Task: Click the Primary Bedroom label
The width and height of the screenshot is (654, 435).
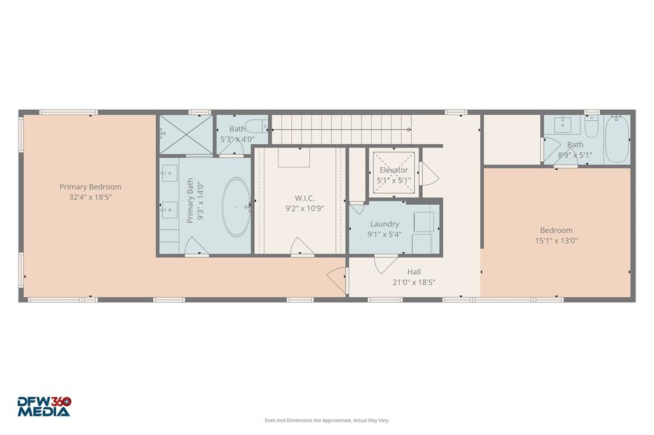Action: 90,187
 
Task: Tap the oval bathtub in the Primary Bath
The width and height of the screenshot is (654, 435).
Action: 236,207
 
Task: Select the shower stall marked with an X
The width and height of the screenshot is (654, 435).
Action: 185,135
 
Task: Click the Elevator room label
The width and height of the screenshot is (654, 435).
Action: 393,170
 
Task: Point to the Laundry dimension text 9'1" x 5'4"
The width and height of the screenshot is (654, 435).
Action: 384,234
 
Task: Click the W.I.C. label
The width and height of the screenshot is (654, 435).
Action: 304,198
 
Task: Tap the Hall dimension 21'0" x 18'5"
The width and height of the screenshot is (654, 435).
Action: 414,282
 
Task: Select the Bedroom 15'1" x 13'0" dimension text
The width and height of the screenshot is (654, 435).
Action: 556,240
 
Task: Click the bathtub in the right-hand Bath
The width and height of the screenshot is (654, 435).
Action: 617,140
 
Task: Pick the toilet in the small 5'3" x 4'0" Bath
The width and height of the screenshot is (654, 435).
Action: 257,126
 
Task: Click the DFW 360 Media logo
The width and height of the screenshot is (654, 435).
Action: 44,406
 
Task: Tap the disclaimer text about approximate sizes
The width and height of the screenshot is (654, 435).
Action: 327,420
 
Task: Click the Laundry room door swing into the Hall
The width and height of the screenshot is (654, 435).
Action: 385,263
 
